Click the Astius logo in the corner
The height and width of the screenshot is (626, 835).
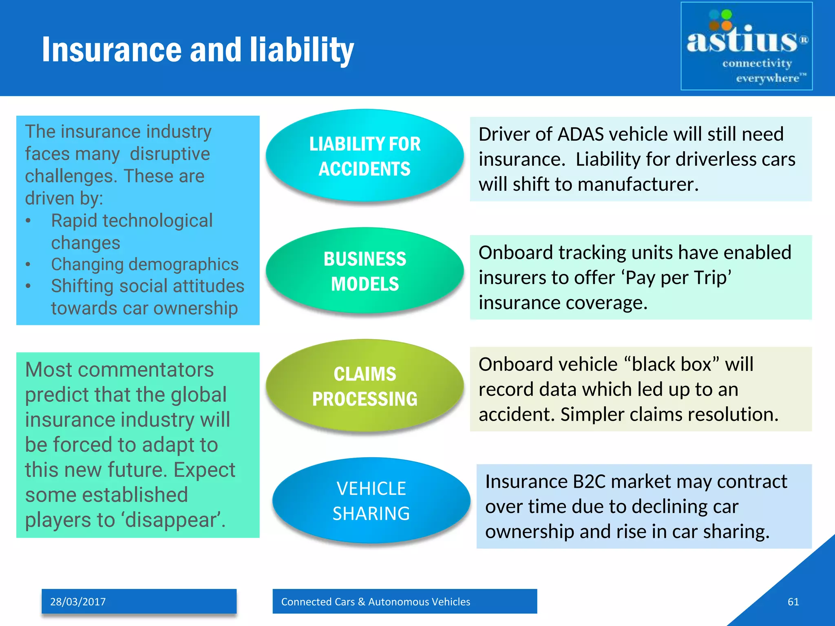point(746,46)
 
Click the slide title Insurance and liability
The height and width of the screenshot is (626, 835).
point(198,50)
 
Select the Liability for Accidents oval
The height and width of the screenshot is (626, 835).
point(364,156)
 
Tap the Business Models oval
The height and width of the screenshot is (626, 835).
point(364,271)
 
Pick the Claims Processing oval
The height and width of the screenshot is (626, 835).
point(364,386)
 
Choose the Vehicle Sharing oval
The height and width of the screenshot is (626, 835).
point(371,501)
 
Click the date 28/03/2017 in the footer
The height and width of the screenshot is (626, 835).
point(78,602)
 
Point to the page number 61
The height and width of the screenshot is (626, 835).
point(793,602)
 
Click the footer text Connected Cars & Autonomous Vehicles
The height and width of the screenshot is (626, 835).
point(376,602)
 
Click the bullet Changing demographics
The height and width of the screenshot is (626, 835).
point(145,264)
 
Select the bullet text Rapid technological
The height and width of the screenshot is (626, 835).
point(132,220)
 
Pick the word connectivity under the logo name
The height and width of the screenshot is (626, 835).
point(757,64)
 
